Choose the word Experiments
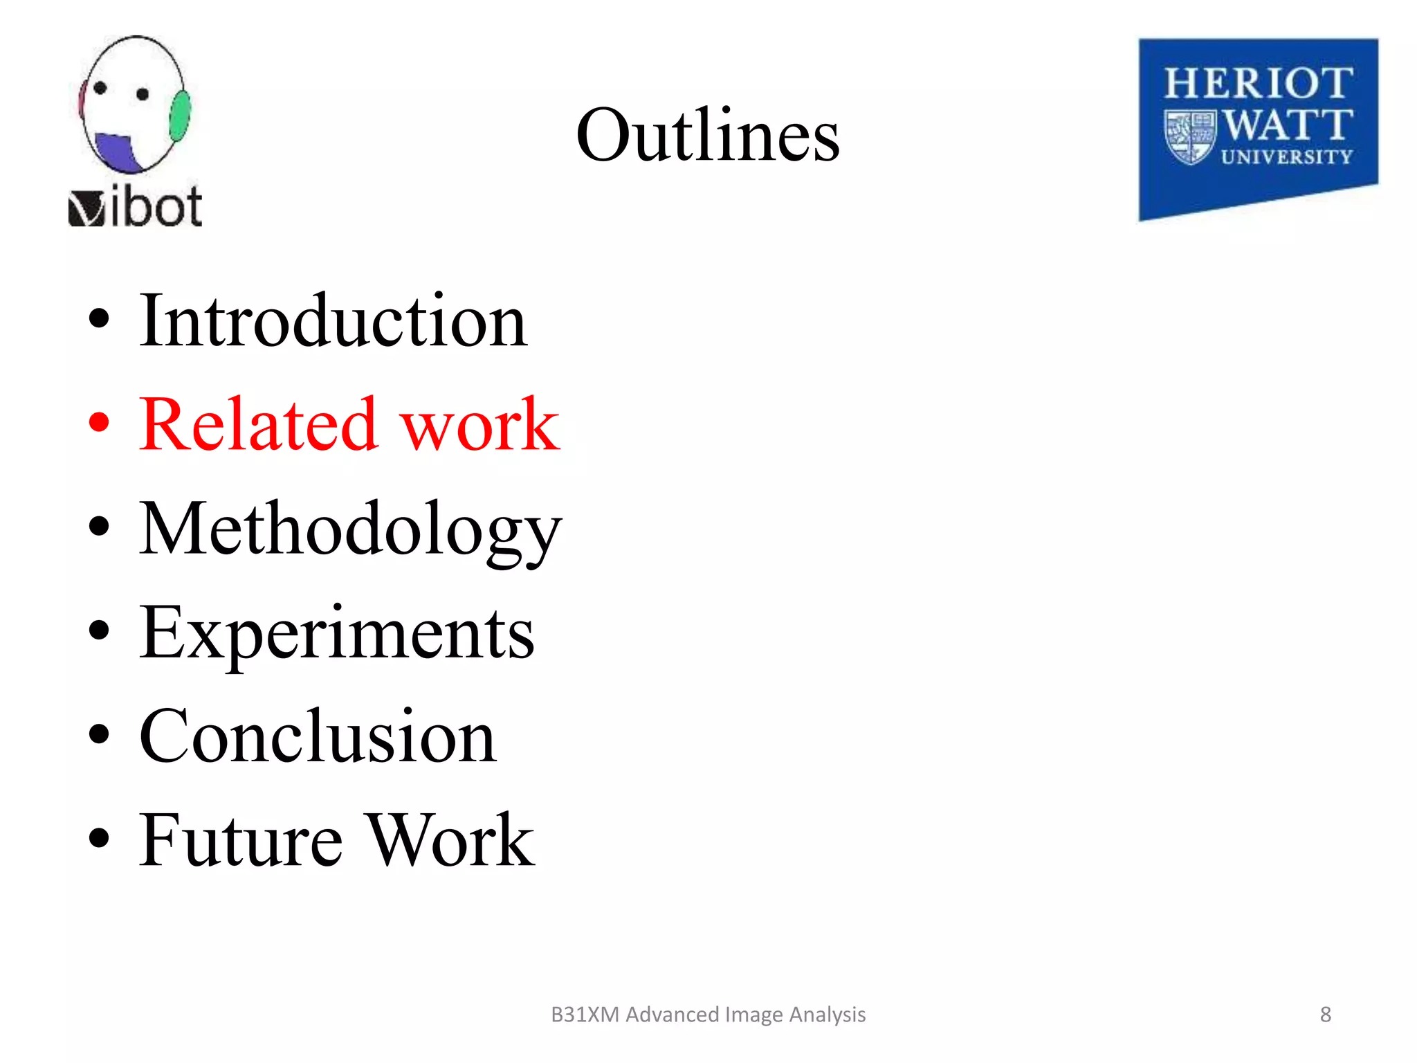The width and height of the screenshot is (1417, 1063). point(337,633)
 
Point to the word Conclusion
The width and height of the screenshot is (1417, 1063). point(318,736)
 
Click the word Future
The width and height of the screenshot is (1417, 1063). point(241,840)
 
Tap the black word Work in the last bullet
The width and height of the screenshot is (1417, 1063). point(450,840)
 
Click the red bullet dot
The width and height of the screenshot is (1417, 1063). point(100,422)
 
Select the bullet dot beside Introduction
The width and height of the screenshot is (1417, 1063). point(100,318)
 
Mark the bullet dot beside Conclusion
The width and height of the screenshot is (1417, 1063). point(100,734)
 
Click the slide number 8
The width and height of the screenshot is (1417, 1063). point(1325,1015)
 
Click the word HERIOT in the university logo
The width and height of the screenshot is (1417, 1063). point(1258,84)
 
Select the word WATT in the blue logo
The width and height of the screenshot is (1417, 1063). point(1288,125)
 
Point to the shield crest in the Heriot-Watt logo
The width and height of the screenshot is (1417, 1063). point(1190,137)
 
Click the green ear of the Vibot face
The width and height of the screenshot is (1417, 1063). point(180,116)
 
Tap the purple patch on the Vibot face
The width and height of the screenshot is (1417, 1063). point(116,152)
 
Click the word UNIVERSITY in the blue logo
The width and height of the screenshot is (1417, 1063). point(1287,158)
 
